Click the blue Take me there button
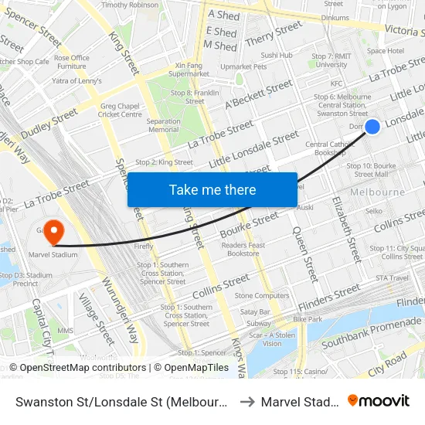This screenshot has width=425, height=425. (212, 190)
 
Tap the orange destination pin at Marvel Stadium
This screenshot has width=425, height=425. (53, 231)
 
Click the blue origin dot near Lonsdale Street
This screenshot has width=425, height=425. (372, 126)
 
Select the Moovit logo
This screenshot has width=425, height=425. (378, 400)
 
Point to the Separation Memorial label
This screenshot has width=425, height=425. (163, 125)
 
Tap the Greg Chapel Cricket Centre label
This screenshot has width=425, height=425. (121, 110)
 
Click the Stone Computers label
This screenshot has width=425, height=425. (262, 295)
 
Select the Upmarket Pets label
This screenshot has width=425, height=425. (243, 66)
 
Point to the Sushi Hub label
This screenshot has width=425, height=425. (276, 56)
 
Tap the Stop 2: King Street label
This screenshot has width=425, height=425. (164, 162)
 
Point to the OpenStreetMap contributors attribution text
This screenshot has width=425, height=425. (77, 368)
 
